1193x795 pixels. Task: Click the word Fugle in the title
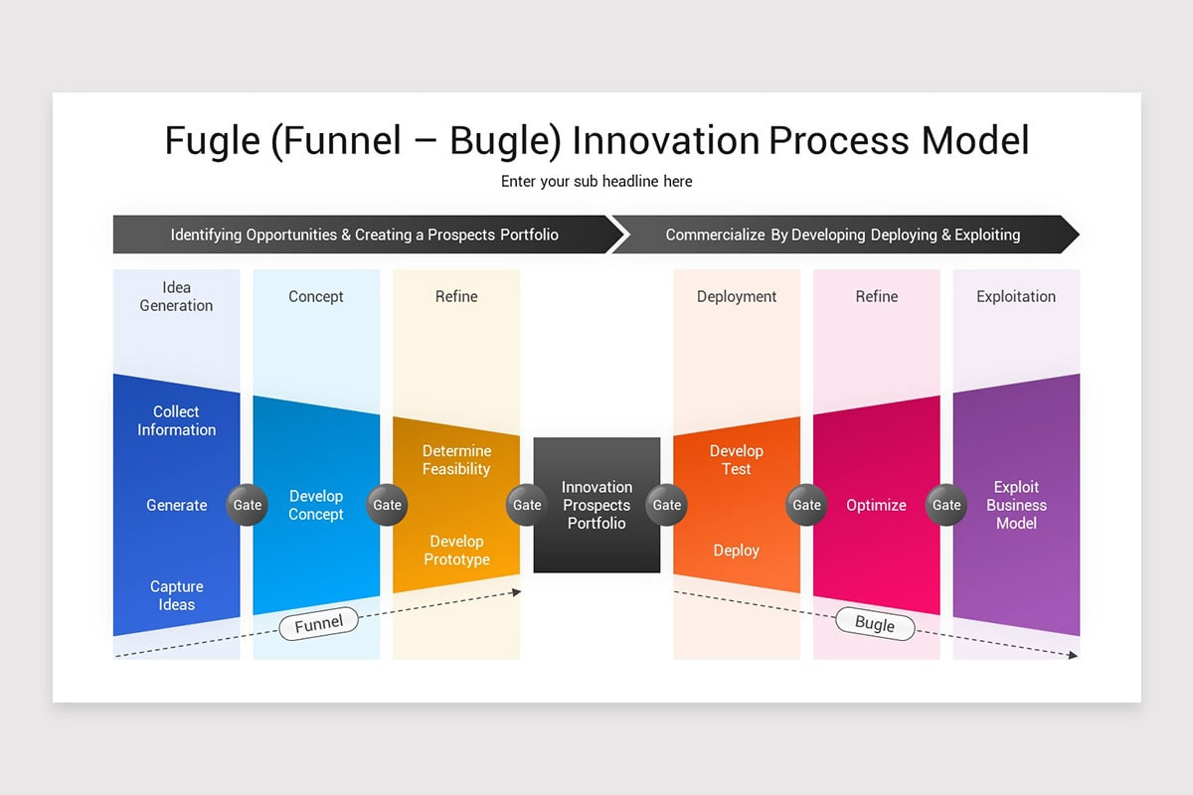click(x=211, y=140)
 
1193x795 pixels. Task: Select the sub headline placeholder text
click(x=596, y=181)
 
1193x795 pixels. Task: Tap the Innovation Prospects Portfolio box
click(x=596, y=505)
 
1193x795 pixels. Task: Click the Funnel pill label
click(x=318, y=623)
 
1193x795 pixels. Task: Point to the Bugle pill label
click(x=875, y=623)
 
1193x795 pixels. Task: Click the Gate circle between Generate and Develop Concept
click(x=248, y=505)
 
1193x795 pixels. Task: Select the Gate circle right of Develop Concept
click(x=387, y=505)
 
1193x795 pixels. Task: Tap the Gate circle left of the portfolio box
click(x=527, y=505)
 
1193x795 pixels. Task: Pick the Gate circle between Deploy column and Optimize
click(x=806, y=505)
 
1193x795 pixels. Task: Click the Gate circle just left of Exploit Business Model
click(x=946, y=505)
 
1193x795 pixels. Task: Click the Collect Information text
click(x=176, y=420)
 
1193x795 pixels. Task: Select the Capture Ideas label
click(x=176, y=595)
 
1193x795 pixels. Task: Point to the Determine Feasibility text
click(x=456, y=460)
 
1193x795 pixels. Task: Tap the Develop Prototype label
click(x=456, y=551)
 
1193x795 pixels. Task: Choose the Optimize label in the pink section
click(x=876, y=505)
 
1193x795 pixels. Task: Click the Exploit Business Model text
click(x=1016, y=505)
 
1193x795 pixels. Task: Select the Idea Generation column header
click(x=176, y=296)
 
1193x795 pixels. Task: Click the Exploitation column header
click(x=1016, y=296)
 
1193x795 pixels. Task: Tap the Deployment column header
click(x=737, y=296)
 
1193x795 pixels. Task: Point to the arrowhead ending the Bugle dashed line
click(x=1073, y=655)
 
